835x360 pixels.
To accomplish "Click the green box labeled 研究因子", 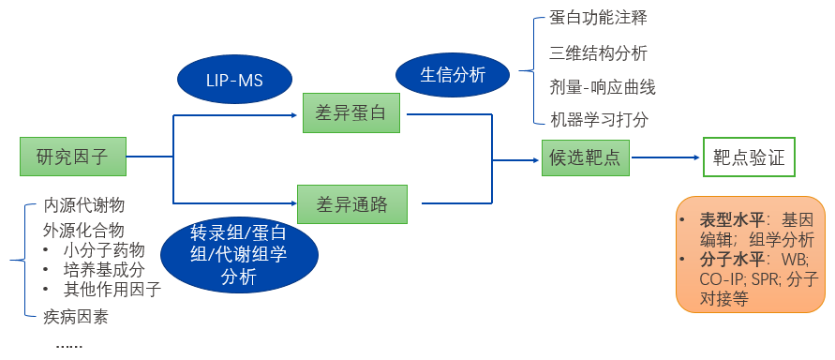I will tap(72, 157).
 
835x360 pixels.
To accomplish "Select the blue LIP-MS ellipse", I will tap(233, 82).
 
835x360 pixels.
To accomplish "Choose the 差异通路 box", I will tap(353, 203).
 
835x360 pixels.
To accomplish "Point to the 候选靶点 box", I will tap(585, 157).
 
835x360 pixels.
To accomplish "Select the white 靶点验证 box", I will tap(749, 157).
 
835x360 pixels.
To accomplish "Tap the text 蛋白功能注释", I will tap(598, 18).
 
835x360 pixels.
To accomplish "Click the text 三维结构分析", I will tap(598, 52).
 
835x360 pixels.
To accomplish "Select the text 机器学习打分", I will tap(598, 120).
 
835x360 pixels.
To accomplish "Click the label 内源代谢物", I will tap(83, 205).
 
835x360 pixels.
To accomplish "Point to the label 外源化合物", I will tap(83, 230).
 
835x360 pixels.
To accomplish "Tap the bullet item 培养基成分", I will tap(104, 269).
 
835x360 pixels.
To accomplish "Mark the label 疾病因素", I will tap(75, 316).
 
